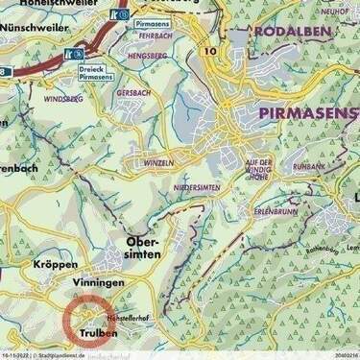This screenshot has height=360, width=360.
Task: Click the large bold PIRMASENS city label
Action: tap(308, 113)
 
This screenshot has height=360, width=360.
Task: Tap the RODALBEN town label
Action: tap(293, 32)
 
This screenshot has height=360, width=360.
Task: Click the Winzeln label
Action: tap(160, 163)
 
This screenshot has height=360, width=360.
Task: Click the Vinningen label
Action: tap(97, 284)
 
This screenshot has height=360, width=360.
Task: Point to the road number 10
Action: tap(211, 49)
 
